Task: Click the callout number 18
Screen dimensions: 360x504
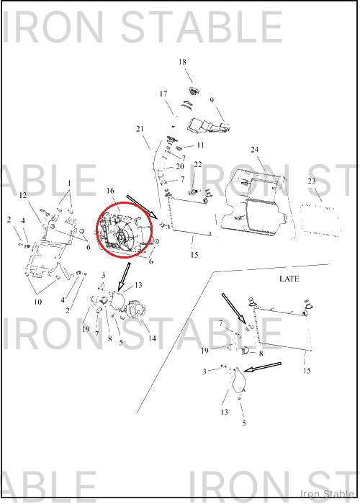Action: (182, 62)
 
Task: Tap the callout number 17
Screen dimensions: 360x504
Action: (163, 94)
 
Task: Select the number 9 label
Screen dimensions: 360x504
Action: (212, 100)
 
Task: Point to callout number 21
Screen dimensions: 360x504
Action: (140, 129)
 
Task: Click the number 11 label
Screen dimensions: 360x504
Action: (200, 145)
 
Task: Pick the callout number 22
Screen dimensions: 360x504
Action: (198, 165)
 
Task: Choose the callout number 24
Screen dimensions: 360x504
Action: (255, 150)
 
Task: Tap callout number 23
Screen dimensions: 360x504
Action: (312, 181)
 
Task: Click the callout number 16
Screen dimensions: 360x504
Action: (110, 191)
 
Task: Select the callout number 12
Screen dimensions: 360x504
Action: (23, 195)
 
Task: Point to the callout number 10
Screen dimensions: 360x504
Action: (38, 302)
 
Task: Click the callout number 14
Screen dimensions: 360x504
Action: (152, 338)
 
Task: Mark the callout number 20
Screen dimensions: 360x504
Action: (180, 166)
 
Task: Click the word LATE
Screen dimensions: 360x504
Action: (289, 279)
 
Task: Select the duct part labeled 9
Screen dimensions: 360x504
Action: (207, 126)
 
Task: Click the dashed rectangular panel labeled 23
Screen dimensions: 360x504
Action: (320, 219)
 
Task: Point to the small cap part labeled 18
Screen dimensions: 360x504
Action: (194, 91)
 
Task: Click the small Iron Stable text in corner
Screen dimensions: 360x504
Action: (327, 493)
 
